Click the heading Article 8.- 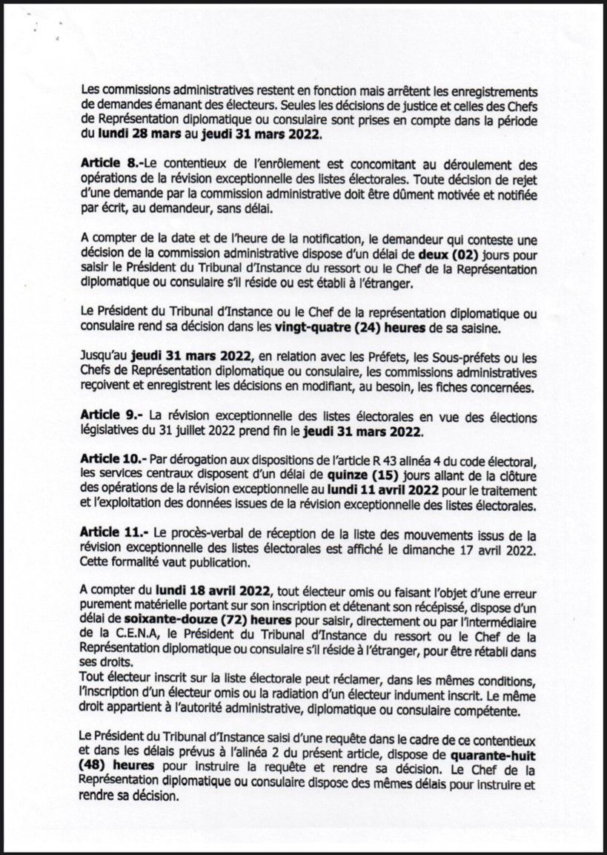[x=111, y=164]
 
